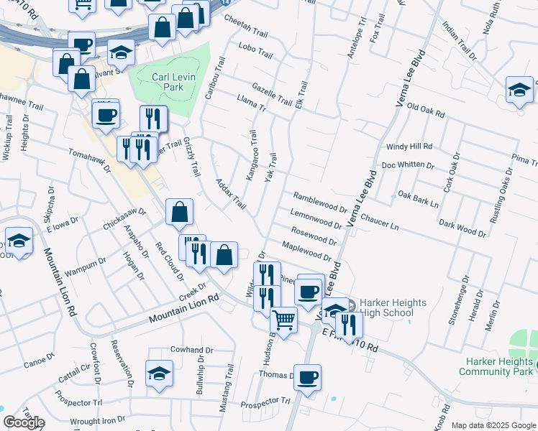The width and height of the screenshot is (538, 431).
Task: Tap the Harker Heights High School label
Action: point(384,307)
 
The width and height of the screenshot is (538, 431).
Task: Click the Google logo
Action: point(24,422)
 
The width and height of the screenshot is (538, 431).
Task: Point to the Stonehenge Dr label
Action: point(458,300)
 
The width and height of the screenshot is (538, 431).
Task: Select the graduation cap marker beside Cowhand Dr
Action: point(159,374)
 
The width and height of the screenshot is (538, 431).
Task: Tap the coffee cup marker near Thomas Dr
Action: point(308,377)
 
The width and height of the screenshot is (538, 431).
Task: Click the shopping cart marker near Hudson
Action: point(284,320)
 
